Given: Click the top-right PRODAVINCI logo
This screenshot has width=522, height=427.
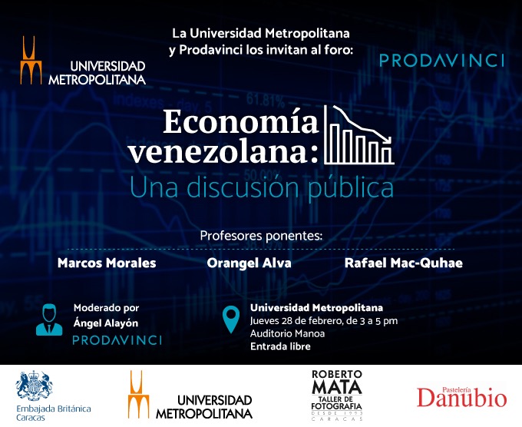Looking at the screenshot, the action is (441, 61).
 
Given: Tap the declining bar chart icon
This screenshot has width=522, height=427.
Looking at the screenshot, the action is (359, 135).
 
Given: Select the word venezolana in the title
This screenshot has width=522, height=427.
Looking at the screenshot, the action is (219, 151).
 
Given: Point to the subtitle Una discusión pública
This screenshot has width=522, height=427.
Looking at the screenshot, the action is (262, 187).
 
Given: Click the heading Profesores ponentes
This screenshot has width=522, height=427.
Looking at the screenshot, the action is (261, 236).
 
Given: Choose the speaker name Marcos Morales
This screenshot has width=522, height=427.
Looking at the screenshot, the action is (107, 263).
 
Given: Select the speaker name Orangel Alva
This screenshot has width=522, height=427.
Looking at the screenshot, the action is (249, 263).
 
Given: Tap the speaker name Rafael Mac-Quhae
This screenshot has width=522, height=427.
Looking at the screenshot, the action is (404, 263).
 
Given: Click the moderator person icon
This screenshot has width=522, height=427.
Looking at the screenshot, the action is (49, 319).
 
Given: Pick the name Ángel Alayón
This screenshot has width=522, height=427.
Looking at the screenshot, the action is (106, 323).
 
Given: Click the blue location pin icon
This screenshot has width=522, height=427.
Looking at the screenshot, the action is (231, 319).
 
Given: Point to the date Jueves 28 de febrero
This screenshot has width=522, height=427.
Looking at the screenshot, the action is (296, 321).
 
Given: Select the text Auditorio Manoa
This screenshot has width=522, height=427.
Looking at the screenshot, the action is (287, 334).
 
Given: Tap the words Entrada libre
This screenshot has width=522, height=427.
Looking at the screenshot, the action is (280, 346).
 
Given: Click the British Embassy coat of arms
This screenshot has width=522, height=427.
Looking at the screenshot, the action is (34, 386).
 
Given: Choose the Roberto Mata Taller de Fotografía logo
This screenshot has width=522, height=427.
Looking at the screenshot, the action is (336, 395).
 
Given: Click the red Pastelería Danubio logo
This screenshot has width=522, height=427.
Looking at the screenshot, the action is (462, 397).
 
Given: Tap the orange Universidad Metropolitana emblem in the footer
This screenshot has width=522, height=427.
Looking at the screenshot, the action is (138, 395).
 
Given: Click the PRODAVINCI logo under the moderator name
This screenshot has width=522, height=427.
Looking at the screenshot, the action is (117, 340).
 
